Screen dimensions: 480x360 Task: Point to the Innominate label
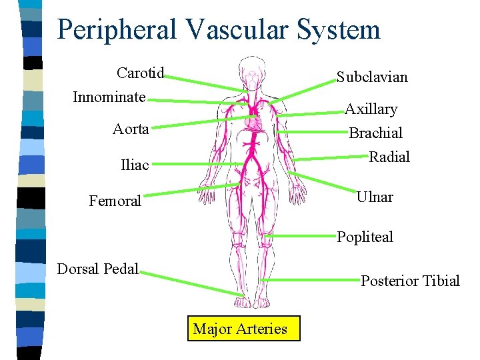109,97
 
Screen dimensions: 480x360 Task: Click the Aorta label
131,129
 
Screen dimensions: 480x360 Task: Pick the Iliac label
135,165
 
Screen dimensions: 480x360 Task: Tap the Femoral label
115,201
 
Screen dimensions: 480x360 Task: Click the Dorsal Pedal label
98,269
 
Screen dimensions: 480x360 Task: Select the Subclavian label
372,77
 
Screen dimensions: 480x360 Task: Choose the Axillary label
371,109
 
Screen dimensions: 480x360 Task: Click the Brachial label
376,133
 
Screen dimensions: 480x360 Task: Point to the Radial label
389,157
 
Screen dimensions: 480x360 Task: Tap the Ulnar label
375,197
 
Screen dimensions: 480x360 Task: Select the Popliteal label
365,237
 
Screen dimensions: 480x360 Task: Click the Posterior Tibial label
410,281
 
